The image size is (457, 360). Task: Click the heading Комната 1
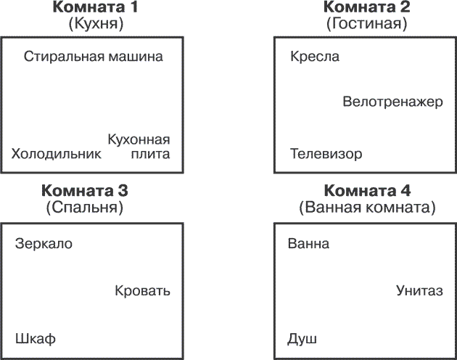[x=95, y=7]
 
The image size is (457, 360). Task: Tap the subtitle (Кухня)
[x=96, y=24]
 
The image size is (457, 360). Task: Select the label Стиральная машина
[x=94, y=57]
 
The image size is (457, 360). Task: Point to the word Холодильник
[x=57, y=154]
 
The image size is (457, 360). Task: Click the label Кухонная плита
[x=139, y=147]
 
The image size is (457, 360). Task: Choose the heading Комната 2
[x=366, y=7]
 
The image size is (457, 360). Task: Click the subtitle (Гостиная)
[x=366, y=24]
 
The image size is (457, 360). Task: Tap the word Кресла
[x=315, y=57]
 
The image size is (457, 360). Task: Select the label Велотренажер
[x=392, y=102]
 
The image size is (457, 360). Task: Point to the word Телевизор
[x=326, y=154]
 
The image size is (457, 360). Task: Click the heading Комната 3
[x=85, y=191]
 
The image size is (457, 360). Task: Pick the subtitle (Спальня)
[x=85, y=208]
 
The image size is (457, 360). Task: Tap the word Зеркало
[x=44, y=244]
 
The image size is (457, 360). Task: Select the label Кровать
[x=142, y=290]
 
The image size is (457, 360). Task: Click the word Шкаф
[x=36, y=339]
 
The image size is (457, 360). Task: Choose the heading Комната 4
[x=367, y=191]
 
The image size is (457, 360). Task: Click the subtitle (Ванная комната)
[x=367, y=208]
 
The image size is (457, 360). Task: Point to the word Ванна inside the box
[x=308, y=244]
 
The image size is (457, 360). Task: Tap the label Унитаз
[x=419, y=290]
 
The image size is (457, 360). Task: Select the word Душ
[x=302, y=339]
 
